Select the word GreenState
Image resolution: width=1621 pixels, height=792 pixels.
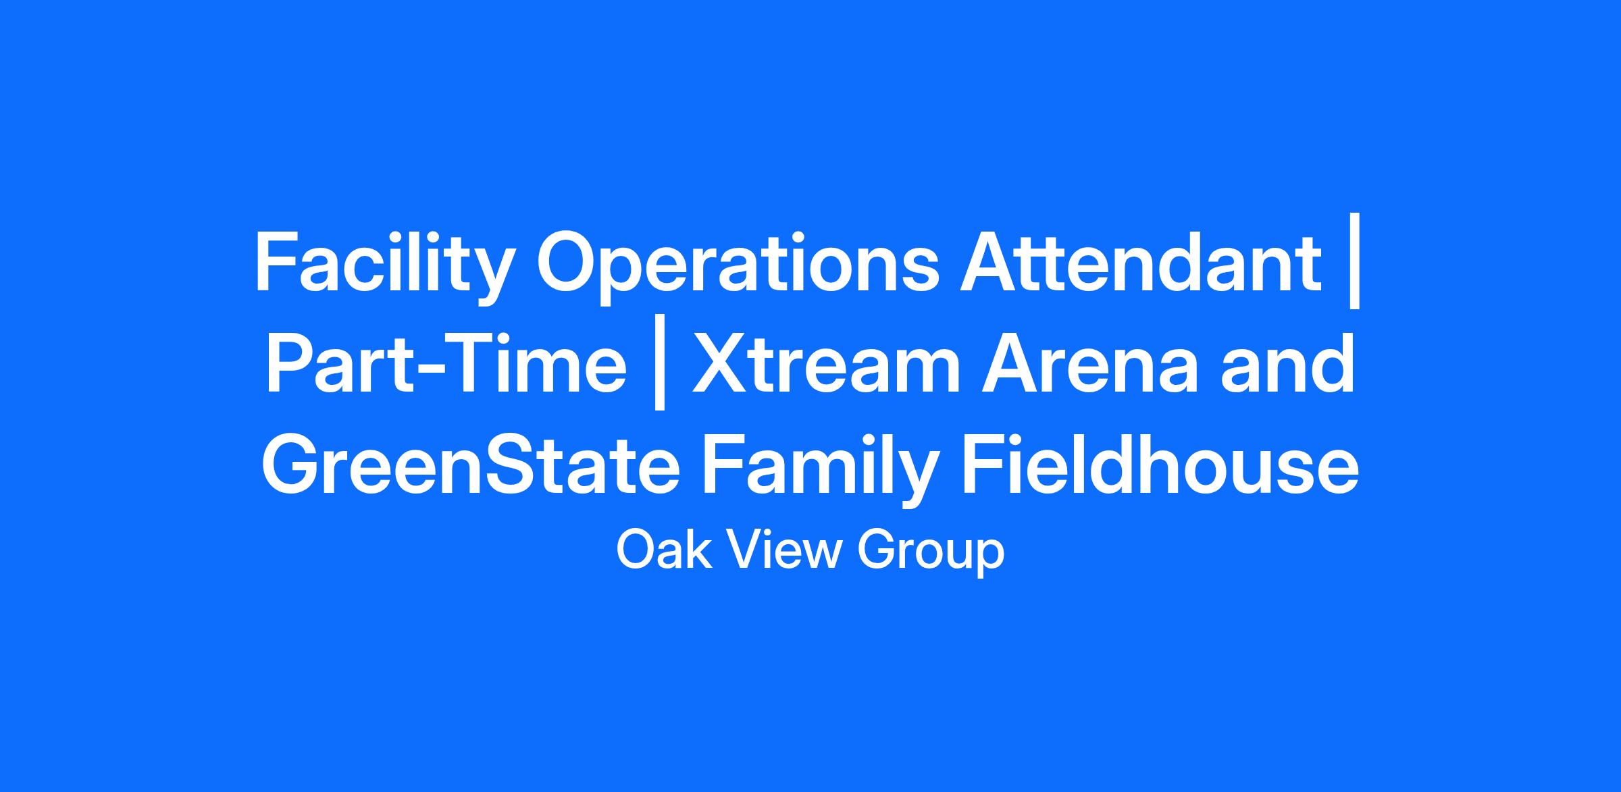[471, 466]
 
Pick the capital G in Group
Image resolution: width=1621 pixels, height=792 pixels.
[876, 550]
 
